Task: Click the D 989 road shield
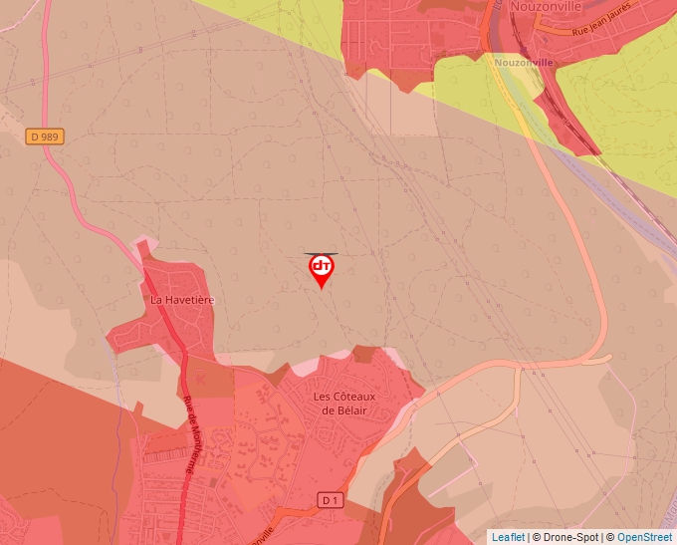point(45,136)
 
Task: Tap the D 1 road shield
point(332,498)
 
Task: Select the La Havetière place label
point(182,299)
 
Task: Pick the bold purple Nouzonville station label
point(523,62)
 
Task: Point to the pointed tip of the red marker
point(322,289)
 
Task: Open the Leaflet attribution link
point(508,537)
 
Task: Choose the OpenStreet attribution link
point(644,537)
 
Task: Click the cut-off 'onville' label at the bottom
point(261,535)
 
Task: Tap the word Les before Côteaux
point(323,397)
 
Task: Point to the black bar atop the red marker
point(322,254)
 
